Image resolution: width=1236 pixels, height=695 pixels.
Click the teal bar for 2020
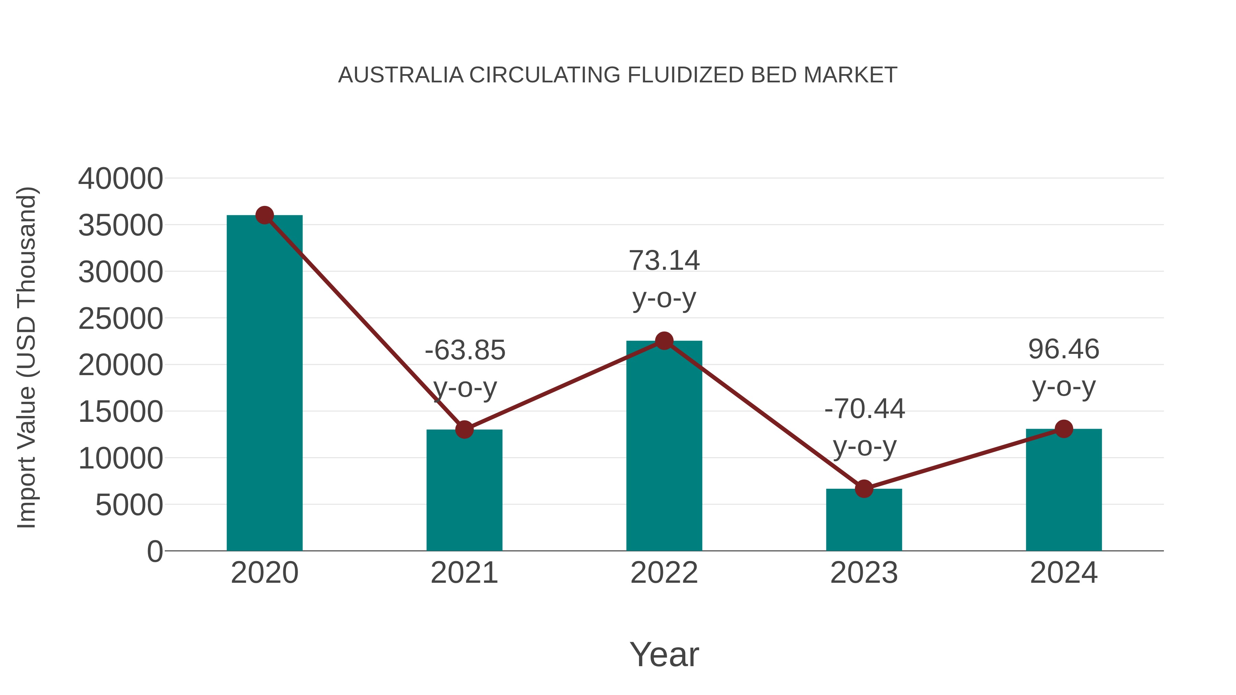click(x=264, y=384)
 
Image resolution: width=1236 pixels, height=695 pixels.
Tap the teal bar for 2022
click(x=664, y=446)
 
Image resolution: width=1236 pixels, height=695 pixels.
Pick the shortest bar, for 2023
click(x=864, y=520)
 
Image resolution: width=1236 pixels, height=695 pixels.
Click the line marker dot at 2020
click(x=264, y=215)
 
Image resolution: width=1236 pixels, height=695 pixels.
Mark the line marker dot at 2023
click(x=864, y=489)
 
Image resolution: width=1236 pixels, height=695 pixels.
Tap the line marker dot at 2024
click(x=1064, y=429)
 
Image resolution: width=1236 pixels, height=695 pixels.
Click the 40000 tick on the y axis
click(x=121, y=179)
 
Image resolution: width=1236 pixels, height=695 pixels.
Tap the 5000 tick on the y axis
click(x=129, y=505)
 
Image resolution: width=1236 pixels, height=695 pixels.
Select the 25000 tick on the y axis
click(x=121, y=319)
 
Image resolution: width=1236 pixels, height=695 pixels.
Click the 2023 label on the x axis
click(x=864, y=573)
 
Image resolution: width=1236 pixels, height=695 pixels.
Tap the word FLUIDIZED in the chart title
click(x=685, y=75)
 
